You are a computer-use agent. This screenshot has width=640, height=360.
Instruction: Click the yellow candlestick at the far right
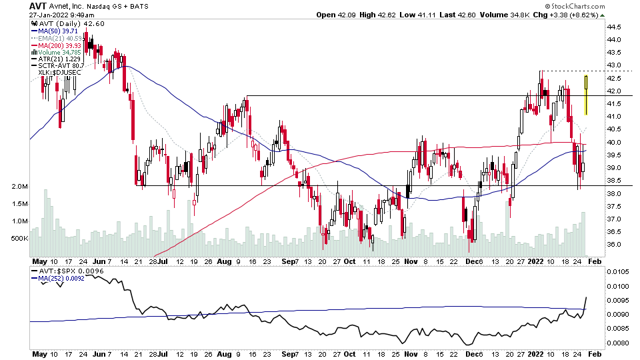pyautogui.click(x=586, y=94)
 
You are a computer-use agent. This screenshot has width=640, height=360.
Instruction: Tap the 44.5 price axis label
pyautogui.click(x=615, y=27)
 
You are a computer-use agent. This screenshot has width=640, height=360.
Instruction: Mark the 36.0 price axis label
pyautogui.click(x=615, y=245)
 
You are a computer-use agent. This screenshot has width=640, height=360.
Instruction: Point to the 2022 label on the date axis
pyautogui.click(x=537, y=261)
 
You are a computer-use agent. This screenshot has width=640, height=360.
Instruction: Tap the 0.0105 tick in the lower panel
pyautogui.click(x=618, y=272)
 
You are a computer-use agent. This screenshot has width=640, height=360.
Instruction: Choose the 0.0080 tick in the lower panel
pyautogui.click(x=618, y=343)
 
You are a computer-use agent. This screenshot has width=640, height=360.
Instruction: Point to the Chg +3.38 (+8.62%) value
pyautogui.click(x=571, y=15)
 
